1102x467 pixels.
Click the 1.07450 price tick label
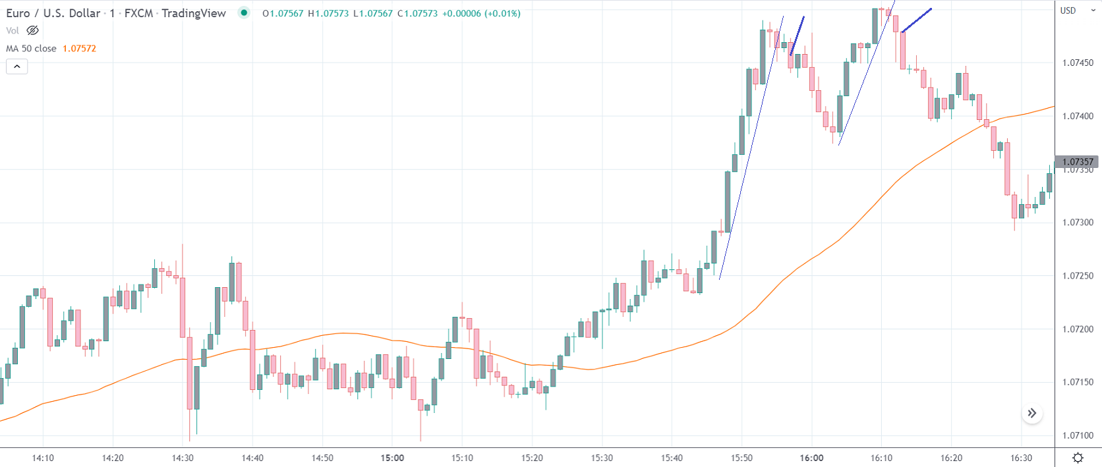1078,63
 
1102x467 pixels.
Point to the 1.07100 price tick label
1078,435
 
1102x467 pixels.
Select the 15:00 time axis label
392,458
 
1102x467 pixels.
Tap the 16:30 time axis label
1021,458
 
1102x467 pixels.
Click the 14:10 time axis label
43,458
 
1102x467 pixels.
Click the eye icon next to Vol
32,30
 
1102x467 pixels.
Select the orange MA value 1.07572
79,49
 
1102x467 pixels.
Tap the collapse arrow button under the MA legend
17,67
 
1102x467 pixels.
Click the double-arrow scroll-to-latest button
1032,413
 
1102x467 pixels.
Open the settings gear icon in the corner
1078,458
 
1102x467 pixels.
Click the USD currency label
1068,11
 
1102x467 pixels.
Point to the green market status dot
244,13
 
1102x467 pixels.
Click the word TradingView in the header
194,13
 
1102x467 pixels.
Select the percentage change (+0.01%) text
502,13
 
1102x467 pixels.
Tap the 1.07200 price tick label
1078,329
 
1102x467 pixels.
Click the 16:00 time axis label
811,458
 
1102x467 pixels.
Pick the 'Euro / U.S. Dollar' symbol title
53,13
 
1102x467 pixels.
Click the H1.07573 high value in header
328,13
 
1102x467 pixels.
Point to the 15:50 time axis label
741,458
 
